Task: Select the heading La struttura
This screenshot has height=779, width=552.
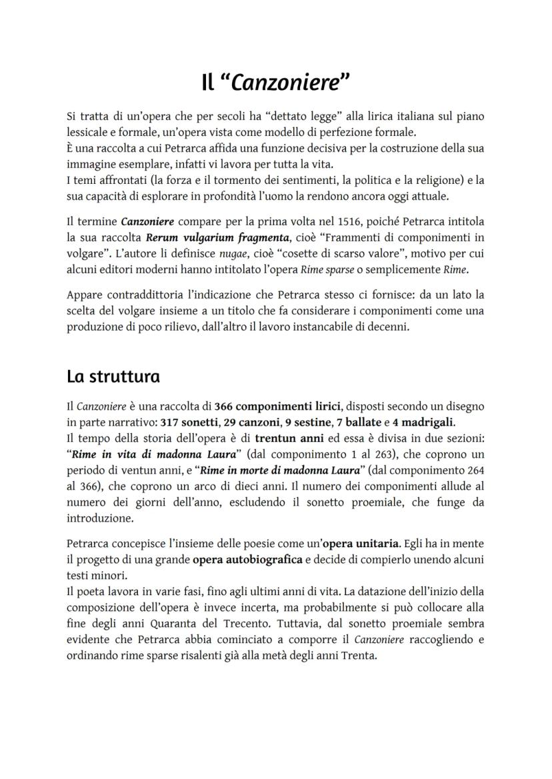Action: [x=113, y=377]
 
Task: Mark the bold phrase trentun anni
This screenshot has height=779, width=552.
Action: [x=284, y=439]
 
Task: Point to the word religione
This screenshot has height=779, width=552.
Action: [x=435, y=181]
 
